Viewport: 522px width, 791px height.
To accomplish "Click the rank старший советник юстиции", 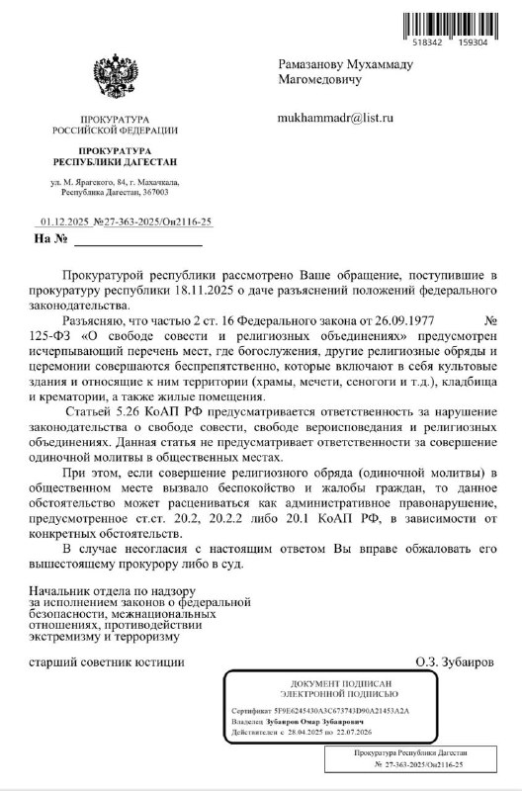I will click(107, 661).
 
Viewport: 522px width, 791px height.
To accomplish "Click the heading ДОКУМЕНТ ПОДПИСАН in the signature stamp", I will click(342, 684).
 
